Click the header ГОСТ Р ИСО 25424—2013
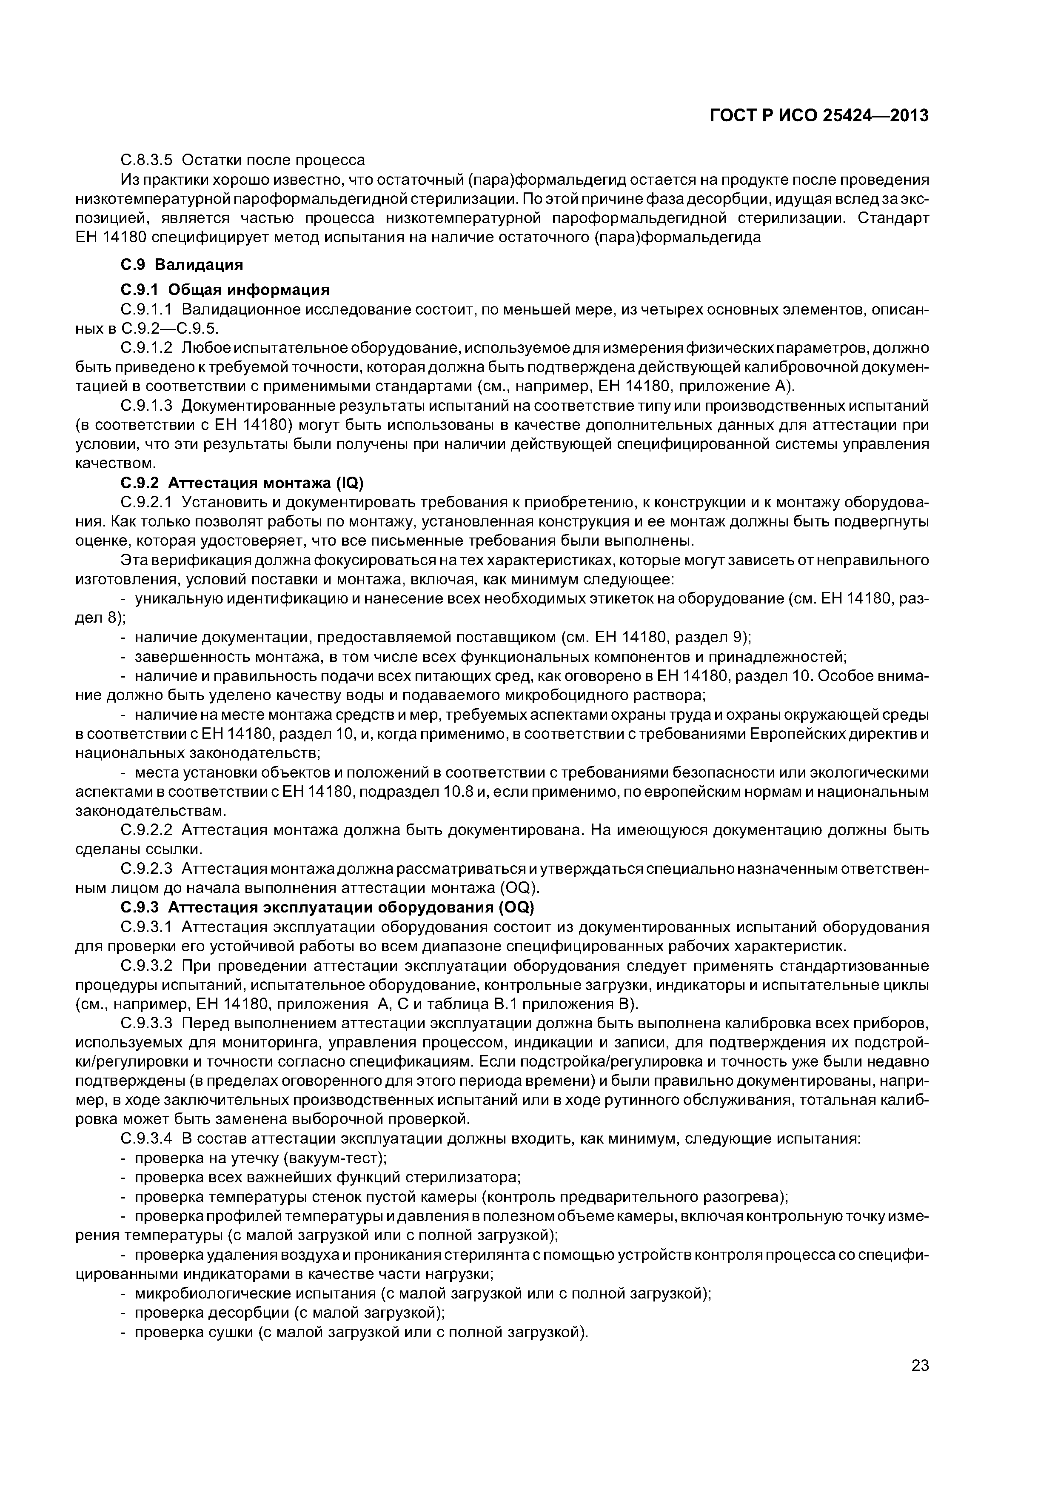(x=818, y=116)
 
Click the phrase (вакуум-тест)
(x=336, y=1158)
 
